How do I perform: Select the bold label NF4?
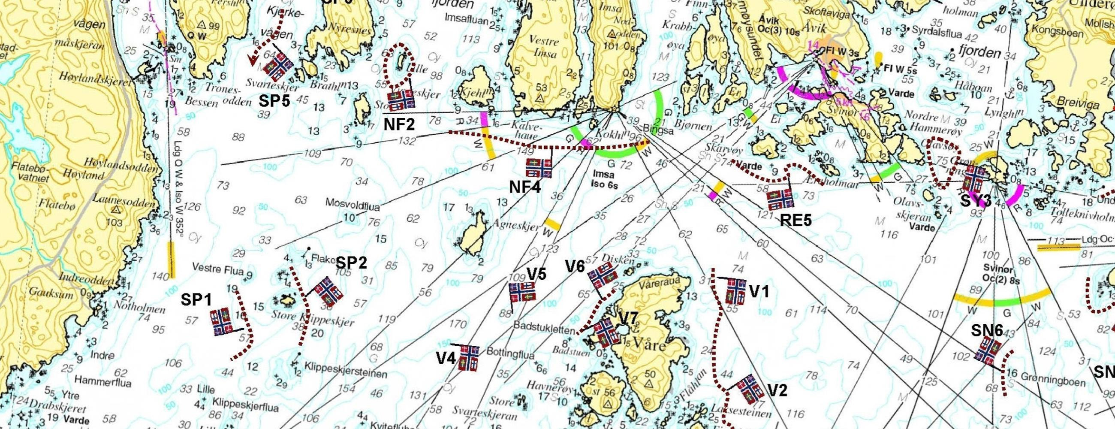tap(525, 187)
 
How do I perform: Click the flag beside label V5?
tap(522, 292)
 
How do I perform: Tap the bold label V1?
tap(759, 292)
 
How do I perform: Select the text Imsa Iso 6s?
tap(605, 179)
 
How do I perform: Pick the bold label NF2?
tap(399, 125)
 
